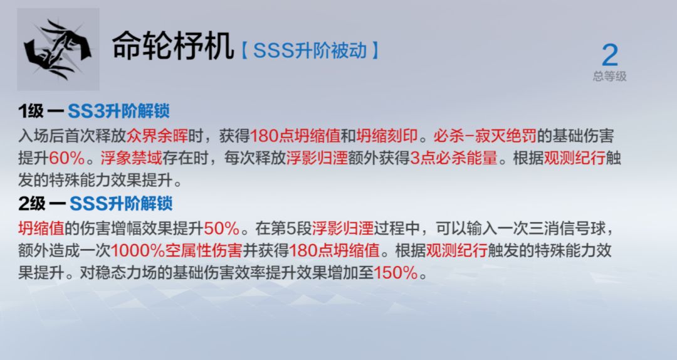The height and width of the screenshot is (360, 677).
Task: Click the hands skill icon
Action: (x=58, y=50)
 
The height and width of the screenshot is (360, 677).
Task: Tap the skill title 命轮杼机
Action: (x=173, y=45)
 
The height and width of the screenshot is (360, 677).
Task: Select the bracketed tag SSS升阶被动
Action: (x=310, y=51)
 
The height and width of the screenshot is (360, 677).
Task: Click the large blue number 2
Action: (x=610, y=55)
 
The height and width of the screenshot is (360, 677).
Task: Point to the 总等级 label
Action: (x=610, y=77)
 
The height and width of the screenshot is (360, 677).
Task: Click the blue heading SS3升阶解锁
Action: (x=118, y=111)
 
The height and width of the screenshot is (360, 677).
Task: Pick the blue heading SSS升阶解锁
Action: (x=121, y=204)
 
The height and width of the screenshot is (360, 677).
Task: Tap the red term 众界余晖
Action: (x=157, y=135)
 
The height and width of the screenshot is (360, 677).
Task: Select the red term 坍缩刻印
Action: (x=387, y=135)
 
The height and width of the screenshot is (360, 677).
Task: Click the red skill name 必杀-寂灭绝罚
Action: (x=485, y=135)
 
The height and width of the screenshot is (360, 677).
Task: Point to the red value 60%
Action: (x=67, y=158)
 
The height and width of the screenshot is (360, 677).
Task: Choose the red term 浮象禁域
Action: (x=131, y=158)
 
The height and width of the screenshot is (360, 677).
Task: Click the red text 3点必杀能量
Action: (x=454, y=158)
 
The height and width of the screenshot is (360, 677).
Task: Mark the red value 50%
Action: (x=221, y=228)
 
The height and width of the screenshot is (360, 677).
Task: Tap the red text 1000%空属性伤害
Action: (x=176, y=250)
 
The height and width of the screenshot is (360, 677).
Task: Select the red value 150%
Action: (x=396, y=273)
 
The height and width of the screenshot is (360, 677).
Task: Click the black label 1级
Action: (x=31, y=111)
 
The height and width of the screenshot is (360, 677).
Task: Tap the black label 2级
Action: (x=32, y=204)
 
